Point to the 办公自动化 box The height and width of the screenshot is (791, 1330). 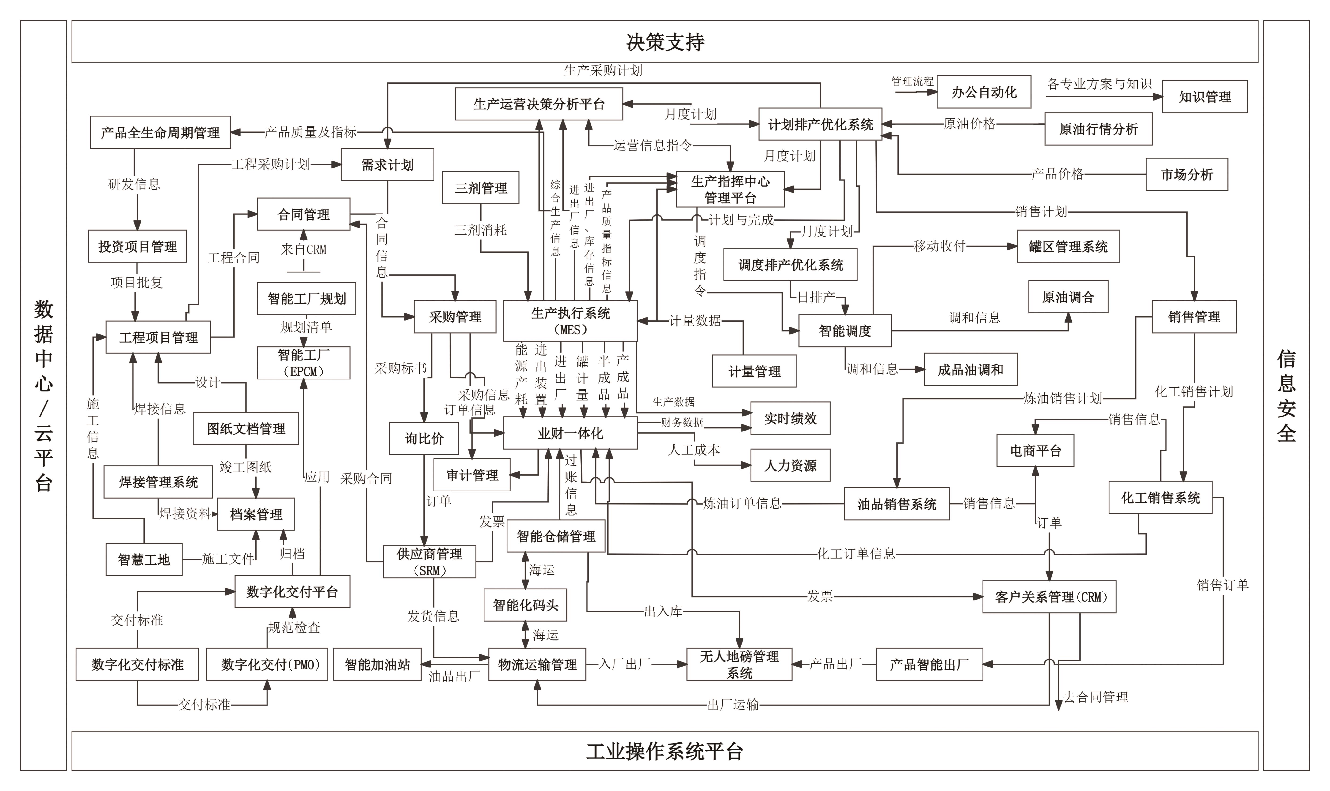point(984,92)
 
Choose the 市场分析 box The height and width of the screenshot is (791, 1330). point(1186,174)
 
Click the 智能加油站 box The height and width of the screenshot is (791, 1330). point(377,664)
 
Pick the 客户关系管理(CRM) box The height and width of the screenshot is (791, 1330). point(1049,597)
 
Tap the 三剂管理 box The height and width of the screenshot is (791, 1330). point(481,188)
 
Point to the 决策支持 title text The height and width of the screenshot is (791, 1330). point(665,42)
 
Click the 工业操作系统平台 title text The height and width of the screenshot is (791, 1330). point(665,752)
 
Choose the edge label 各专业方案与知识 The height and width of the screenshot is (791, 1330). point(1099,84)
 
